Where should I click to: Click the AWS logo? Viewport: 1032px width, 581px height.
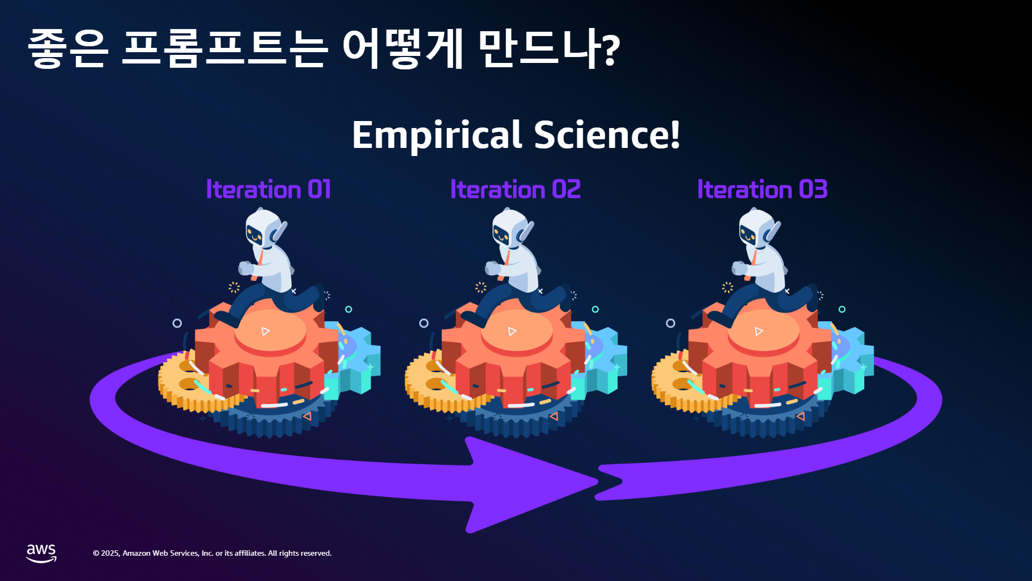point(41,553)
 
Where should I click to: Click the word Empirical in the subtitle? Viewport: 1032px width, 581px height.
point(437,136)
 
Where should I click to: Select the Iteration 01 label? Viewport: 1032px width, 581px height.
point(268,189)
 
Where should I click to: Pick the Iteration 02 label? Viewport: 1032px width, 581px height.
point(515,189)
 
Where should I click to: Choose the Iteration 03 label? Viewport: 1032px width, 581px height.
point(762,189)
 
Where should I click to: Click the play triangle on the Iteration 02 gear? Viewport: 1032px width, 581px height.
point(512,331)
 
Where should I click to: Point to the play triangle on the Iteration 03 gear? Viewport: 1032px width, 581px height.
point(758,331)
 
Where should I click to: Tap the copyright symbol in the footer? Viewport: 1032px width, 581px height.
point(96,554)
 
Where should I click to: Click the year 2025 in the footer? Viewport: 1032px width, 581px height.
point(111,554)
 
